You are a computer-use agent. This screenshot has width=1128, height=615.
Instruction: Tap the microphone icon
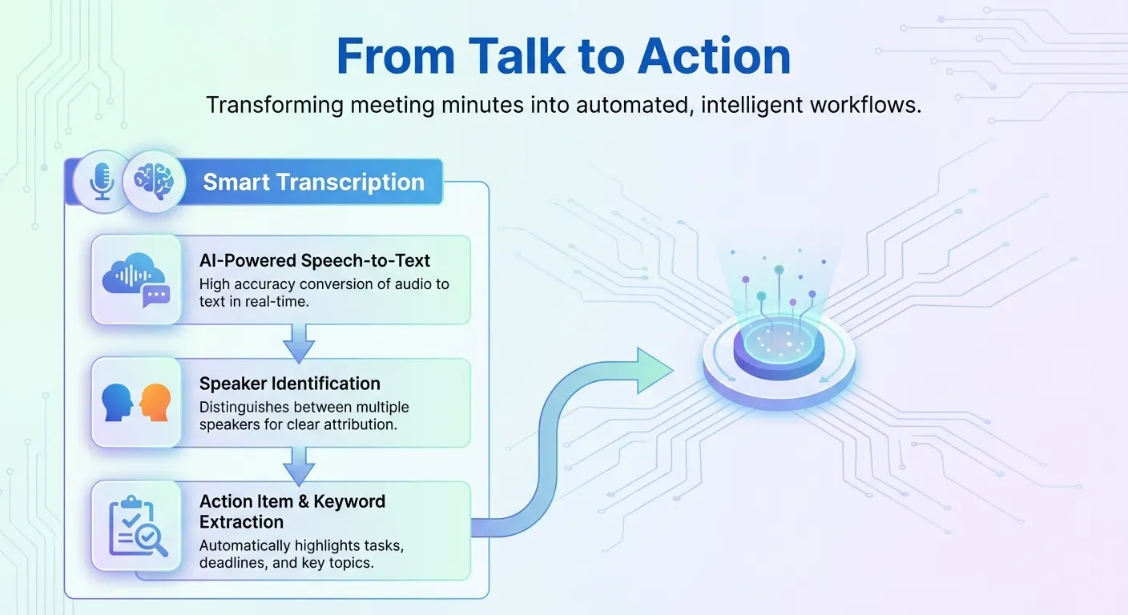coord(102,181)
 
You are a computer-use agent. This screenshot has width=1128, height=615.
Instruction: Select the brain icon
coord(154,181)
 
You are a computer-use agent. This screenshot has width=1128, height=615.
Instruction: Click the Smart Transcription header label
coord(313,182)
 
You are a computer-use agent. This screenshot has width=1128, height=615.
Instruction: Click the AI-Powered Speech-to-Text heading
coord(315,260)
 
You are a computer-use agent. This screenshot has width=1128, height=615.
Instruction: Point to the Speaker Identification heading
coord(290,384)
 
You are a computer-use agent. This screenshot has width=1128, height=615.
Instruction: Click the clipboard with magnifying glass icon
coord(137,526)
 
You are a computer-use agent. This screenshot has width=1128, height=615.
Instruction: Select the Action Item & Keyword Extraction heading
coord(292,512)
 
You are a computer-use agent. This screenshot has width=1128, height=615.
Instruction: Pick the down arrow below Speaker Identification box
coord(298,464)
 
